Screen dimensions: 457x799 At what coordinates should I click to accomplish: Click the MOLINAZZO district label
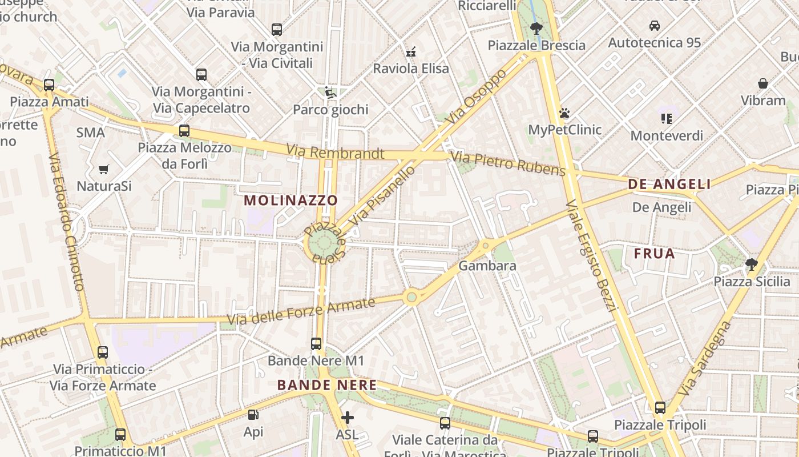[x=291, y=201]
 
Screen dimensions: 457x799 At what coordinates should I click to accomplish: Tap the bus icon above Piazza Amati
[x=49, y=85]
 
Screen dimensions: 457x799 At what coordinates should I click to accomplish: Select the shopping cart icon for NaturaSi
[x=103, y=169]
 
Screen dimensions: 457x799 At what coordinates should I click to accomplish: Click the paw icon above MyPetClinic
[x=564, y=113]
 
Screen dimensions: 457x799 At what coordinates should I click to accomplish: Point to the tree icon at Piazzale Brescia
[x=536, y=28]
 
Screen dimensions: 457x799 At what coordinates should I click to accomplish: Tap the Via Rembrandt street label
[x=335, y=153]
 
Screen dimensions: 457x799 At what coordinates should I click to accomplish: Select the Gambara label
[x=487, y=266]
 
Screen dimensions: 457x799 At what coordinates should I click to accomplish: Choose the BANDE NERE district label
[x=327, y=385]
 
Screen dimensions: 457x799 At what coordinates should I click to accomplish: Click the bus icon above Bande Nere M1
[x=316, y=344]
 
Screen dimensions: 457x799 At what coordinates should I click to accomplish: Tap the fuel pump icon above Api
[x=253, y=415]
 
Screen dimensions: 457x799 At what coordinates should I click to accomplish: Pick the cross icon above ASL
[x=347, y=418]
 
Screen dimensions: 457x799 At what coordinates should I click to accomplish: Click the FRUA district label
[x=655, y=254]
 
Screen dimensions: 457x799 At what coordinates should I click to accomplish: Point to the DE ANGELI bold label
[x=669, y=184]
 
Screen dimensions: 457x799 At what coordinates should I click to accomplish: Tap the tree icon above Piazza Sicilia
[x=752, y=264]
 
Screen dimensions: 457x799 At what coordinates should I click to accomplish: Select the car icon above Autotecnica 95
[x=655, y=26]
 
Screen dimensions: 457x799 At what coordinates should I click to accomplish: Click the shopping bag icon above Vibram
[x=763, y=84]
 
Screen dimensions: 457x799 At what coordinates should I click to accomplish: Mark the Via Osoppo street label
[x=477, y=97]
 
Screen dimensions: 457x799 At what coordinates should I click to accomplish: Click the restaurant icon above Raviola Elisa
[x=410, y=52]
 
